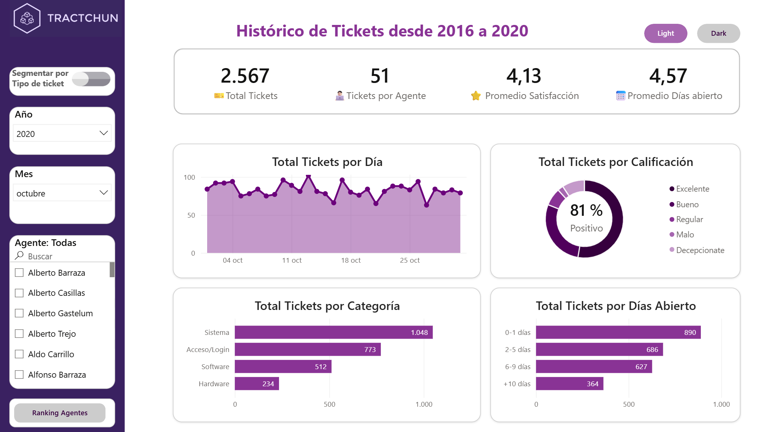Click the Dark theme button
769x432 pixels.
718,33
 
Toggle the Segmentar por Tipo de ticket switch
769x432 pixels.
91,79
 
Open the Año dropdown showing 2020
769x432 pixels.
62,133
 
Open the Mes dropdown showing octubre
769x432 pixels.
62,193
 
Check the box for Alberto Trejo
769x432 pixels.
19,334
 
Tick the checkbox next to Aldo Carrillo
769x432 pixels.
19,354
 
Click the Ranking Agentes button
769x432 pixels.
60,413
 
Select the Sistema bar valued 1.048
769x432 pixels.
333,332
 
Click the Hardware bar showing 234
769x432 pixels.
257,384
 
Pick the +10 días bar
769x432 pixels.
570,384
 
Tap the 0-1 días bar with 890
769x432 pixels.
618,332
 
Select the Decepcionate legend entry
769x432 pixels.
697,250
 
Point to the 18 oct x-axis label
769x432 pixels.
351,260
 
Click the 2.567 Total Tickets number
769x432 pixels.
245,76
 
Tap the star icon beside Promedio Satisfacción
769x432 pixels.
476,96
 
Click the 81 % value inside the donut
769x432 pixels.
586,210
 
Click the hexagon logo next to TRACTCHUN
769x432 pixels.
27,18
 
